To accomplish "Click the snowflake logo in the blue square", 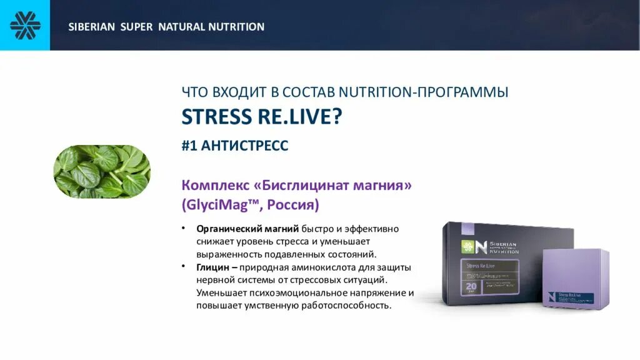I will (25, 26).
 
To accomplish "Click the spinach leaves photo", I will (102, 171).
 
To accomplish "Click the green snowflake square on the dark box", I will (465, 246).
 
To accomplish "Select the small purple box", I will (575, 278).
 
